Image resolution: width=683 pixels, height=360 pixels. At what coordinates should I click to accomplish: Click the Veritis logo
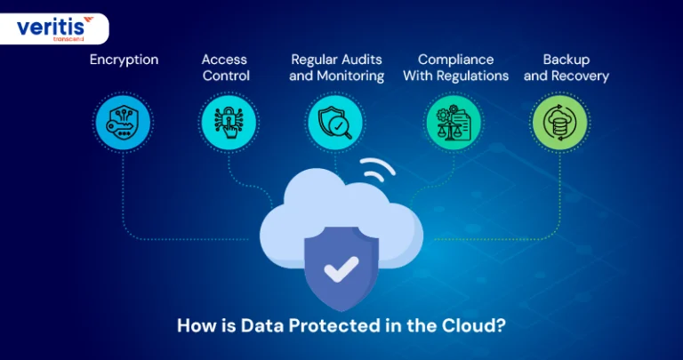coord(55,28)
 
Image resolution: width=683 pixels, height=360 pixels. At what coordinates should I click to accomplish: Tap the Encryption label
coord(125,60)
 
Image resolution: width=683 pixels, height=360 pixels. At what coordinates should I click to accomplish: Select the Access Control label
coord(226,68)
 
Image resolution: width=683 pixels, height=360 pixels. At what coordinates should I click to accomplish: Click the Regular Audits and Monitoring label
coord(336,68)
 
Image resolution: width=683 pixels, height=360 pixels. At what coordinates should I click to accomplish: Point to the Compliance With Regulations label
coord(455,68)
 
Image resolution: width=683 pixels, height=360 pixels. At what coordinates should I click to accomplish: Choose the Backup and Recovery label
coord(566,68)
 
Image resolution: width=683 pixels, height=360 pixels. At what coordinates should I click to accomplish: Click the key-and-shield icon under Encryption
coord(123,123)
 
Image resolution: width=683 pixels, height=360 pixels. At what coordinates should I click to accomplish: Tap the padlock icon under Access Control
coord(229,123)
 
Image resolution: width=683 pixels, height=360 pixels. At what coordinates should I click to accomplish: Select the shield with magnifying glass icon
coord(334,123)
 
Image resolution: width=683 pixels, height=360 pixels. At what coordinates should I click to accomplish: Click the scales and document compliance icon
coord(454,123)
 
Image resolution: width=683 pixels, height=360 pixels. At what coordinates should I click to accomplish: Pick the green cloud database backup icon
coord(559,123)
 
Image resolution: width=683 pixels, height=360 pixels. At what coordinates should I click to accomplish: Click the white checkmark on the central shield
coord(341,268)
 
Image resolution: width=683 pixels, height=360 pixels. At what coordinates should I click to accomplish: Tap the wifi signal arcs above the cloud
coord(377,169)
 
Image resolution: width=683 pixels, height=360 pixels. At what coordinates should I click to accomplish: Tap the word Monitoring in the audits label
coord(350,76)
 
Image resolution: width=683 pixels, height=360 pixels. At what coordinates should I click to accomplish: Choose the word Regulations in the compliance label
coord(472,76)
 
